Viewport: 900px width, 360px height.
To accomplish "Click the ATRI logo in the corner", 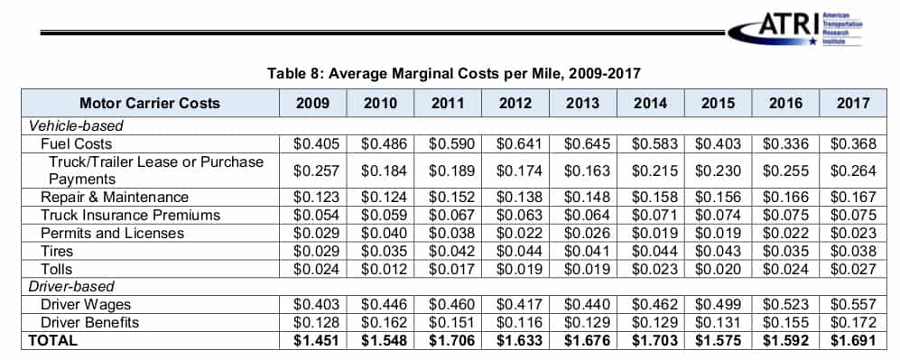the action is tap(795, 29).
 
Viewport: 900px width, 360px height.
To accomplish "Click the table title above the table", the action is tap(453, 74).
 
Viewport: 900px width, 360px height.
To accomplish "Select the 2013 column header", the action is tap(582, 103).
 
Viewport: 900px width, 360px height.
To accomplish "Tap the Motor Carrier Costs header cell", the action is tap(149, 103).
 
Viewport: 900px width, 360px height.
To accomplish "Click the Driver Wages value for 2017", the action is tap(853, 304).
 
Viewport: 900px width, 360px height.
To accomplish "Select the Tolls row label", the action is tap(56, 269).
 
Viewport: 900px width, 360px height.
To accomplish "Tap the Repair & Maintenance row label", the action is tap(115, 198).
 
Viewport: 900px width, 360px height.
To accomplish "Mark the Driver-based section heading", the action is tap(71, 286).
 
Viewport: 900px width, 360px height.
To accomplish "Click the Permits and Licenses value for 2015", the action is tap(718, 234).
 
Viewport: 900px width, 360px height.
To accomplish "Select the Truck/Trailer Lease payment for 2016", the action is tap(785, 171).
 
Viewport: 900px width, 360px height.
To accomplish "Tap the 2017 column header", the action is tap(853, 103).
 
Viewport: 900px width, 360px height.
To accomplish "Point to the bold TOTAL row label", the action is tap(52, 340).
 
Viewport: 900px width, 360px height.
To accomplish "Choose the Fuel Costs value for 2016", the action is tap(785, 143).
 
